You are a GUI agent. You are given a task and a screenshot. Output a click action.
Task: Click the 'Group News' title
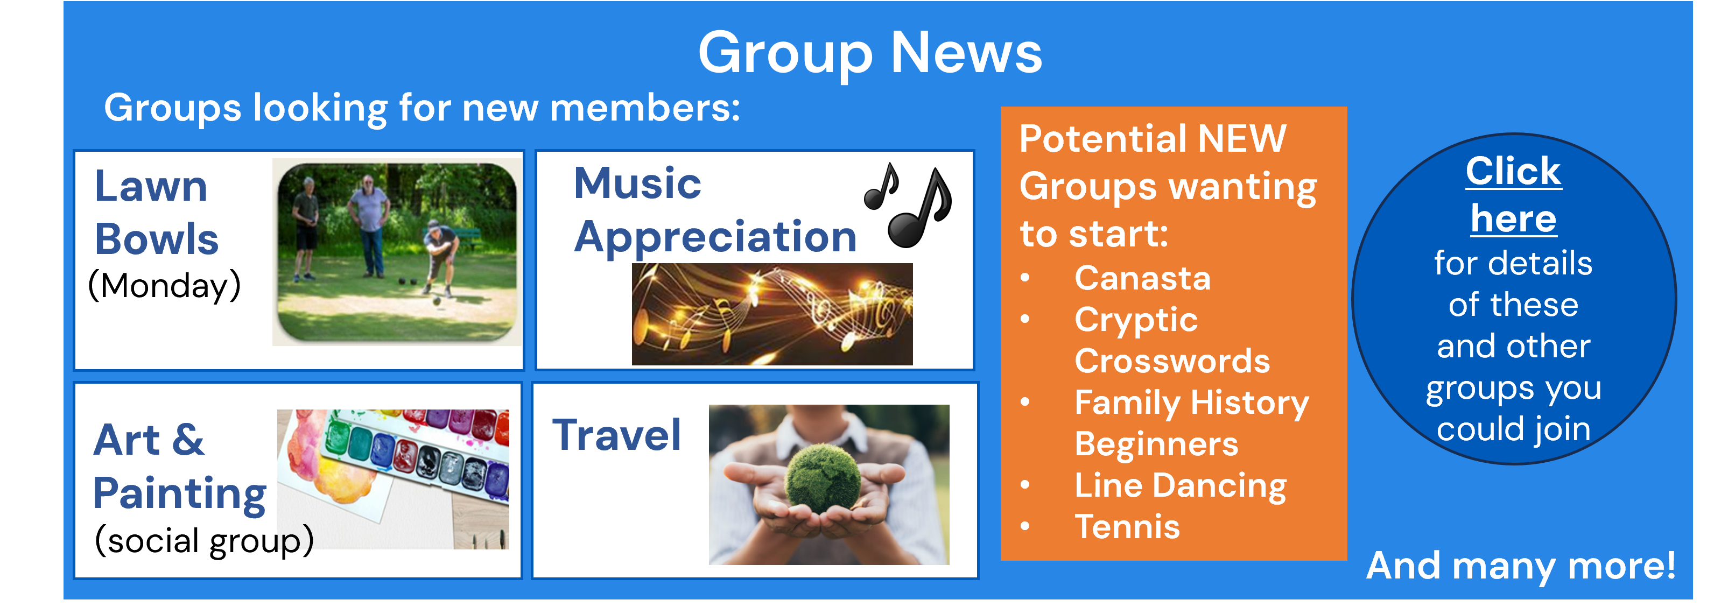point(870,54)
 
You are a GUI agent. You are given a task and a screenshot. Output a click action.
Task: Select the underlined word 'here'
point(1513,218)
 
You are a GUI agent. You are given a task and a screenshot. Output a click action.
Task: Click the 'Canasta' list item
point(1142,278)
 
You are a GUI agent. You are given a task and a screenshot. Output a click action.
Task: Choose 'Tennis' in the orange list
point(1127,527)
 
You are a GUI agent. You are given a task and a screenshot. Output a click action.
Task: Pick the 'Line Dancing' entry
point(1181,486)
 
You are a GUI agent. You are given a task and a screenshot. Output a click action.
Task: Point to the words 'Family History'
point(1191,404)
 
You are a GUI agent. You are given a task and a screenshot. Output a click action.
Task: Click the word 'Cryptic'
point(1136,320)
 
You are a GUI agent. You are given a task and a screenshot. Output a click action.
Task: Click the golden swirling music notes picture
point(772,314)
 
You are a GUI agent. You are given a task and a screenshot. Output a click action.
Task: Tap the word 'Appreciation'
point(715,238)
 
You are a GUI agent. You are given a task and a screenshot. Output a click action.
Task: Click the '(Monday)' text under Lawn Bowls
point(164,286)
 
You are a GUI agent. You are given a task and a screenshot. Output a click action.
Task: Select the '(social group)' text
point(204,540)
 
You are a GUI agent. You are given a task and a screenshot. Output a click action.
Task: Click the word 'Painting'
point(180,495)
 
